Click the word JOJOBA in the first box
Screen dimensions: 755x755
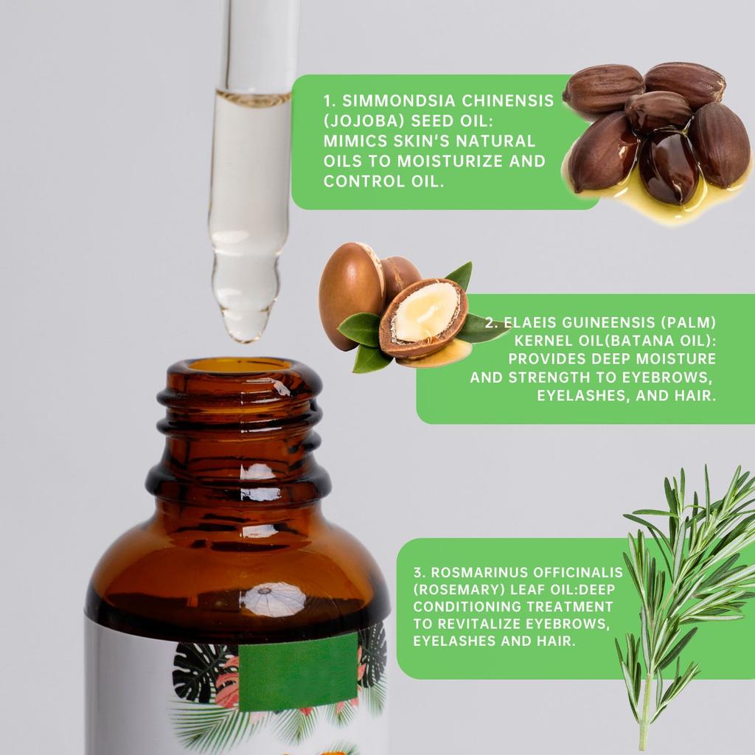[x=363, y=121]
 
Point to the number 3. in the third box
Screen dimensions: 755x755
[x=418, y=572]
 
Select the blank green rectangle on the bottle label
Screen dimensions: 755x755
[x=298, y=672]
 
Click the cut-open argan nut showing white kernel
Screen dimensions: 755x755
[x=423, y=316]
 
